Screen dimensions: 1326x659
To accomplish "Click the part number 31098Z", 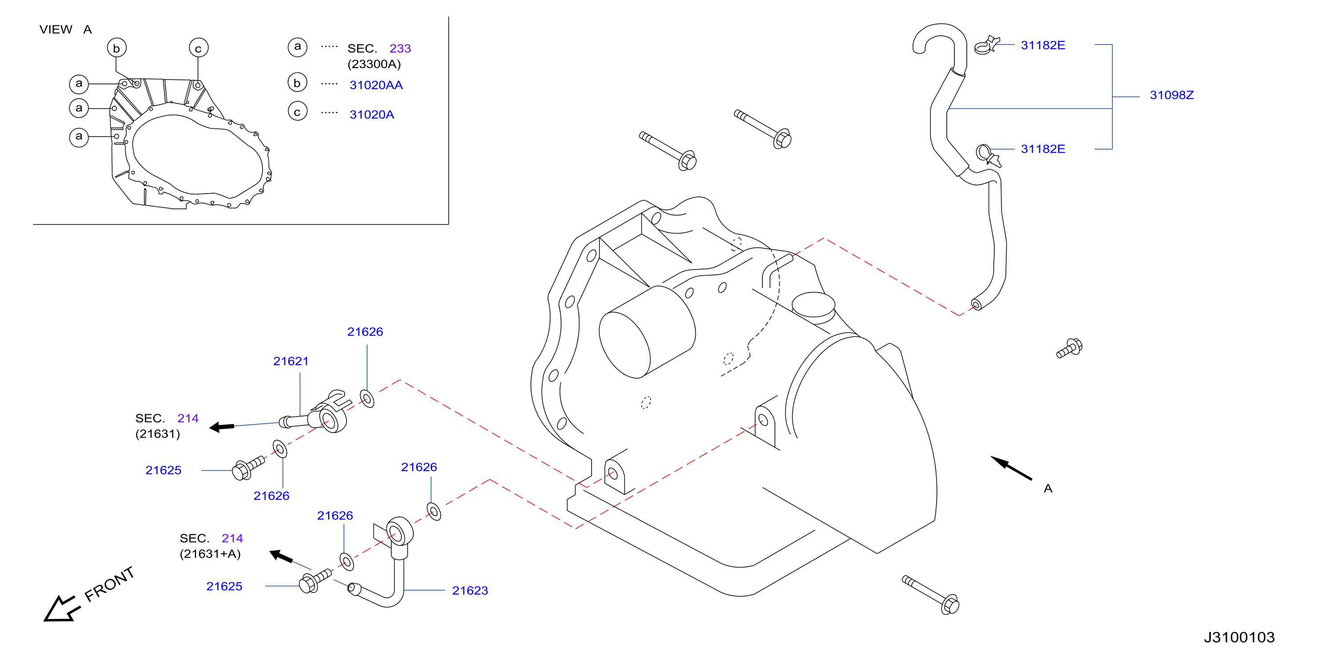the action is click(x=1171, y=95).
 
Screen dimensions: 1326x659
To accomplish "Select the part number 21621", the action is click(x=291, y=361).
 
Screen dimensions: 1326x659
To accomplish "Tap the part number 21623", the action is click(x=470, y=591).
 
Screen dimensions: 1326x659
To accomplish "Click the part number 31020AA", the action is click(x=376, y=85).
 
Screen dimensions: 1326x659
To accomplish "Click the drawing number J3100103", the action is click(x=1239, y=637).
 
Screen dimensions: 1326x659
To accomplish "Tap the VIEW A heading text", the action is click(x=65, y=29).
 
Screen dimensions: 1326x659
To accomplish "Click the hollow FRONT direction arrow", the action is click(x=61, y=610).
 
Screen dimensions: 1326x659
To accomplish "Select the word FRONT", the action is click(x=109, y=584).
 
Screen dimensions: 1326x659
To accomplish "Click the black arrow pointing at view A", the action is click(x=1011, y=468).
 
